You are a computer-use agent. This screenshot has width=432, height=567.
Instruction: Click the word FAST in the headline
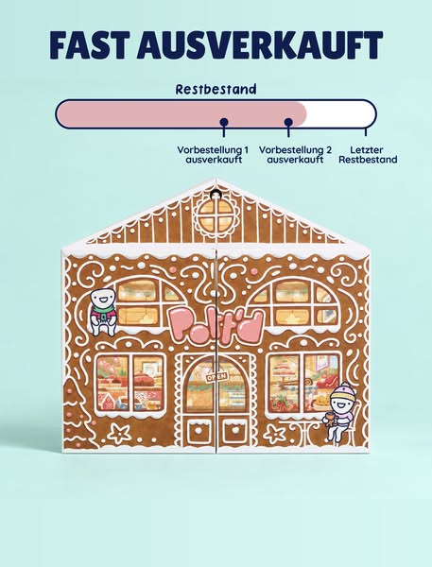tap(90, 44)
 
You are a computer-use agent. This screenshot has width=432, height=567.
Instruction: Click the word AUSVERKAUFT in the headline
tap(260, 44)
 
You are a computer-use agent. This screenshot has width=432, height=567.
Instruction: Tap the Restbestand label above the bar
tap(216, 90)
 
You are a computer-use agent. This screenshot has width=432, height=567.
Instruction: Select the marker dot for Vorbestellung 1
tap(224, 122)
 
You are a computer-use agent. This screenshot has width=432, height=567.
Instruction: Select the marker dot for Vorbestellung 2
tap(288, 122)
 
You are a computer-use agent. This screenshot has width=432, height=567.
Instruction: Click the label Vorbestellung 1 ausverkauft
tap(213, 155)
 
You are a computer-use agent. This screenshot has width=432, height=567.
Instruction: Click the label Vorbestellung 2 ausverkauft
tap(295, 155)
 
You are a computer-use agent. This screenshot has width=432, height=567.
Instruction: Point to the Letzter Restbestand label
tap(368, 155)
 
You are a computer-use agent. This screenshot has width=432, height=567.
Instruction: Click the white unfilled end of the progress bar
tap(340, 114)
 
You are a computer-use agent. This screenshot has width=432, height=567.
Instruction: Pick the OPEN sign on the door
tap(216, 377)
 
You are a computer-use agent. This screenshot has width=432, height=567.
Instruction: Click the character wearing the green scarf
tap(103, 311)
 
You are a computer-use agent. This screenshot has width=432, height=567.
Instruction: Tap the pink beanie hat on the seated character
tap(343, 391)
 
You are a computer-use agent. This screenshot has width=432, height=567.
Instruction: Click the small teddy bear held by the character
tap(330, 419)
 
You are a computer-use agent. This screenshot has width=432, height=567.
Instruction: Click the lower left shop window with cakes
tap(130, 383)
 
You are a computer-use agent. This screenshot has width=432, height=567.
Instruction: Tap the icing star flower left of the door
tap(119, 433)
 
